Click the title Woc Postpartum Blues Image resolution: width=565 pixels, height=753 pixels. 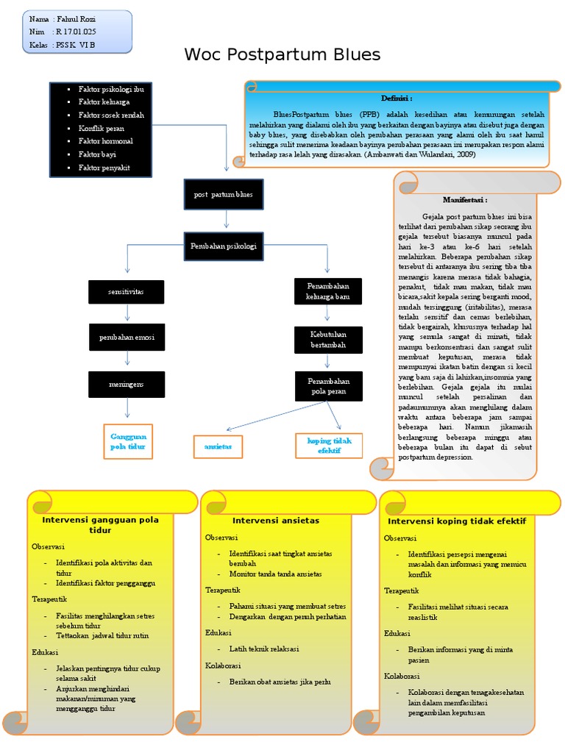[282, 54]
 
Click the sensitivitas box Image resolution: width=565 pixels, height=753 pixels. [127, 291]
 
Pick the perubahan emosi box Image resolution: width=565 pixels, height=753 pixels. [127, 337]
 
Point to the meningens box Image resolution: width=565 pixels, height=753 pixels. [127, 383]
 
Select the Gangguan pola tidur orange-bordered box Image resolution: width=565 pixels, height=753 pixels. [128, 441]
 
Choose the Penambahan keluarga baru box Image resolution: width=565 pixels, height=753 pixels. [327, 291]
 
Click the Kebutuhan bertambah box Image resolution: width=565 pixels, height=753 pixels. [327, 339]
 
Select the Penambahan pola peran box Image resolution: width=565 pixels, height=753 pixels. [327, 387]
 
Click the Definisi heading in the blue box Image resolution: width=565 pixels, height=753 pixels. [396, 98]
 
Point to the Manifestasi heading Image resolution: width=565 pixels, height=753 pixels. [464, 199]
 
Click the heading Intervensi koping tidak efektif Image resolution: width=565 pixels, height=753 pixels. [457, 521]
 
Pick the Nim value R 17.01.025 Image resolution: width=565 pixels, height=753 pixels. [76, 32]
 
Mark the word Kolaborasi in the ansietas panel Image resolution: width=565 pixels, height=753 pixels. [221, 665]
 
